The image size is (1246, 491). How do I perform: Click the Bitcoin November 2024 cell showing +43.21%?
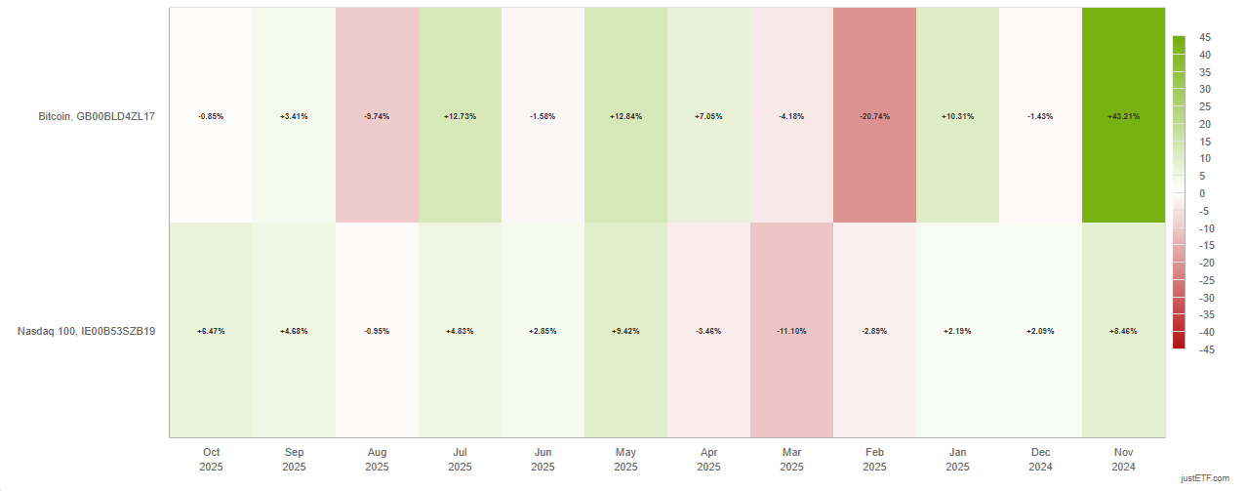point(1123,116)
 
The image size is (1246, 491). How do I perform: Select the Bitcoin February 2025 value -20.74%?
point(874,116)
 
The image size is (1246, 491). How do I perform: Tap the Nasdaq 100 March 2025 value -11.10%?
point(791,331)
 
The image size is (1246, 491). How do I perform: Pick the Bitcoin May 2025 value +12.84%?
point(625,116)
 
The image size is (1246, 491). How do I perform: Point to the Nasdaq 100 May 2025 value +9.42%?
point(625,331)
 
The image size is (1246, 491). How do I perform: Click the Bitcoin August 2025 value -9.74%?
point(377,116)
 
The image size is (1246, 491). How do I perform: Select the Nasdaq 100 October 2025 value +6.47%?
point(211,331)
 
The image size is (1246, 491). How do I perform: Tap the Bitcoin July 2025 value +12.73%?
point(460,116)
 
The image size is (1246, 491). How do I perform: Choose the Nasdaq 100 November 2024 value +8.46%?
point(1123,331)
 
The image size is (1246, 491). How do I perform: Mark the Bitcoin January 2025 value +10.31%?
point(957,116)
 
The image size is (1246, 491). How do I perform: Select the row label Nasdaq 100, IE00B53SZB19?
point(87,331)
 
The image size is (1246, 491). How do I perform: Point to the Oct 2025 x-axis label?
point(211,459)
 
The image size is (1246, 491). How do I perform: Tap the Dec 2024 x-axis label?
point(1040,459)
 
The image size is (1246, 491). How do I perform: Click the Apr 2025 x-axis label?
point(708,459)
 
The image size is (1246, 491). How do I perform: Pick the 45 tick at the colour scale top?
point(1205,38)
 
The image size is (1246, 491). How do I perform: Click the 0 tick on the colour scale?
point(1203,193)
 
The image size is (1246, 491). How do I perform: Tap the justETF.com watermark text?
point(1209,479)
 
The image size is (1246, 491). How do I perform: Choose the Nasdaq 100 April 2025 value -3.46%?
point(708,331)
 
